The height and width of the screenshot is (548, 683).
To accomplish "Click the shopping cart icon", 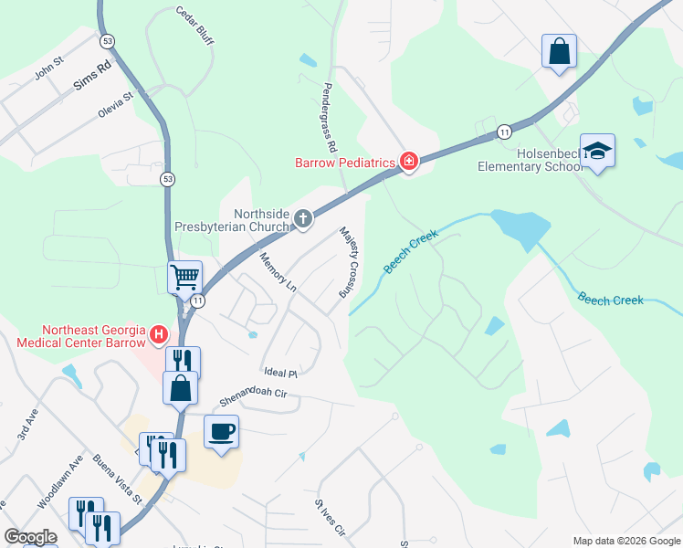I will [184, 275].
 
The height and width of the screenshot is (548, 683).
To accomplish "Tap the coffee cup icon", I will [221, 431].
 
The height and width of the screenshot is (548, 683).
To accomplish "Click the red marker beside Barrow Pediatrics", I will [408, 163].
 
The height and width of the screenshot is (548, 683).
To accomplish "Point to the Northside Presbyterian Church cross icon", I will [302, 218].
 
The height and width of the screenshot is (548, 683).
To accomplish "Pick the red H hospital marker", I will [159, 335].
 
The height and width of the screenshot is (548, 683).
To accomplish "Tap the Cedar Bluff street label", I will [194, 25].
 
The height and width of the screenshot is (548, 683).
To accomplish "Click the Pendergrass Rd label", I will [330, 120].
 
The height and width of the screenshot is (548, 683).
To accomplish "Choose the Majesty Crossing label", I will [348, 262].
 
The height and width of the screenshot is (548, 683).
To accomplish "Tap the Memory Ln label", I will [278, 272].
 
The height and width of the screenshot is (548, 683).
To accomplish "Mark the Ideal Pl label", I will [280, 373].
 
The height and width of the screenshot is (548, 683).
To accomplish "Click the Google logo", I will [30, 537].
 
